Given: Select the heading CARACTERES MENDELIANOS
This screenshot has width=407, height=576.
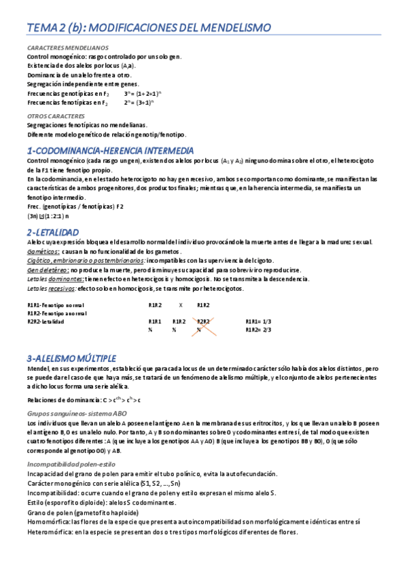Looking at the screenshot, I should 67,48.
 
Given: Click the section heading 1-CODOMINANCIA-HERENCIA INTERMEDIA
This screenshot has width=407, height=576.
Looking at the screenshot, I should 110,150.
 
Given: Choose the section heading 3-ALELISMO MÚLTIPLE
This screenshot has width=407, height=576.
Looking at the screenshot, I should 71,358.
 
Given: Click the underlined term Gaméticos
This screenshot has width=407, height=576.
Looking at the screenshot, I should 43,251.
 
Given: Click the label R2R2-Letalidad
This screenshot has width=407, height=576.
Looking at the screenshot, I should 46,321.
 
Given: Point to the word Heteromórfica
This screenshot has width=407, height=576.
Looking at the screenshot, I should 50,532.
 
